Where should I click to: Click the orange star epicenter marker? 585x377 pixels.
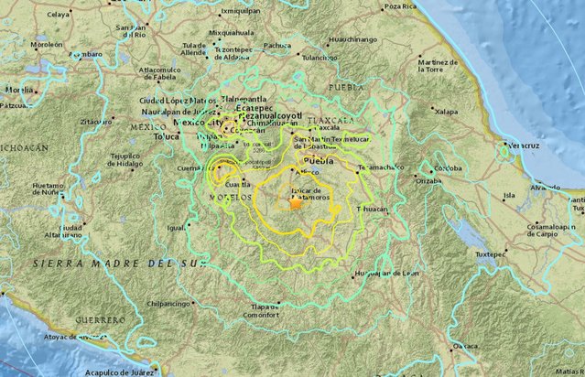[295, 205]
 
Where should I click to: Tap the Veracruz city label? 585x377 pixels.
[525, 144]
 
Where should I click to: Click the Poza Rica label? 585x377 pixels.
[400, 6]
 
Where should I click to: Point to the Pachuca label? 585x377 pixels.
[277, 44]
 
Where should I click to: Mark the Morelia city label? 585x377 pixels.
[20, 90]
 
